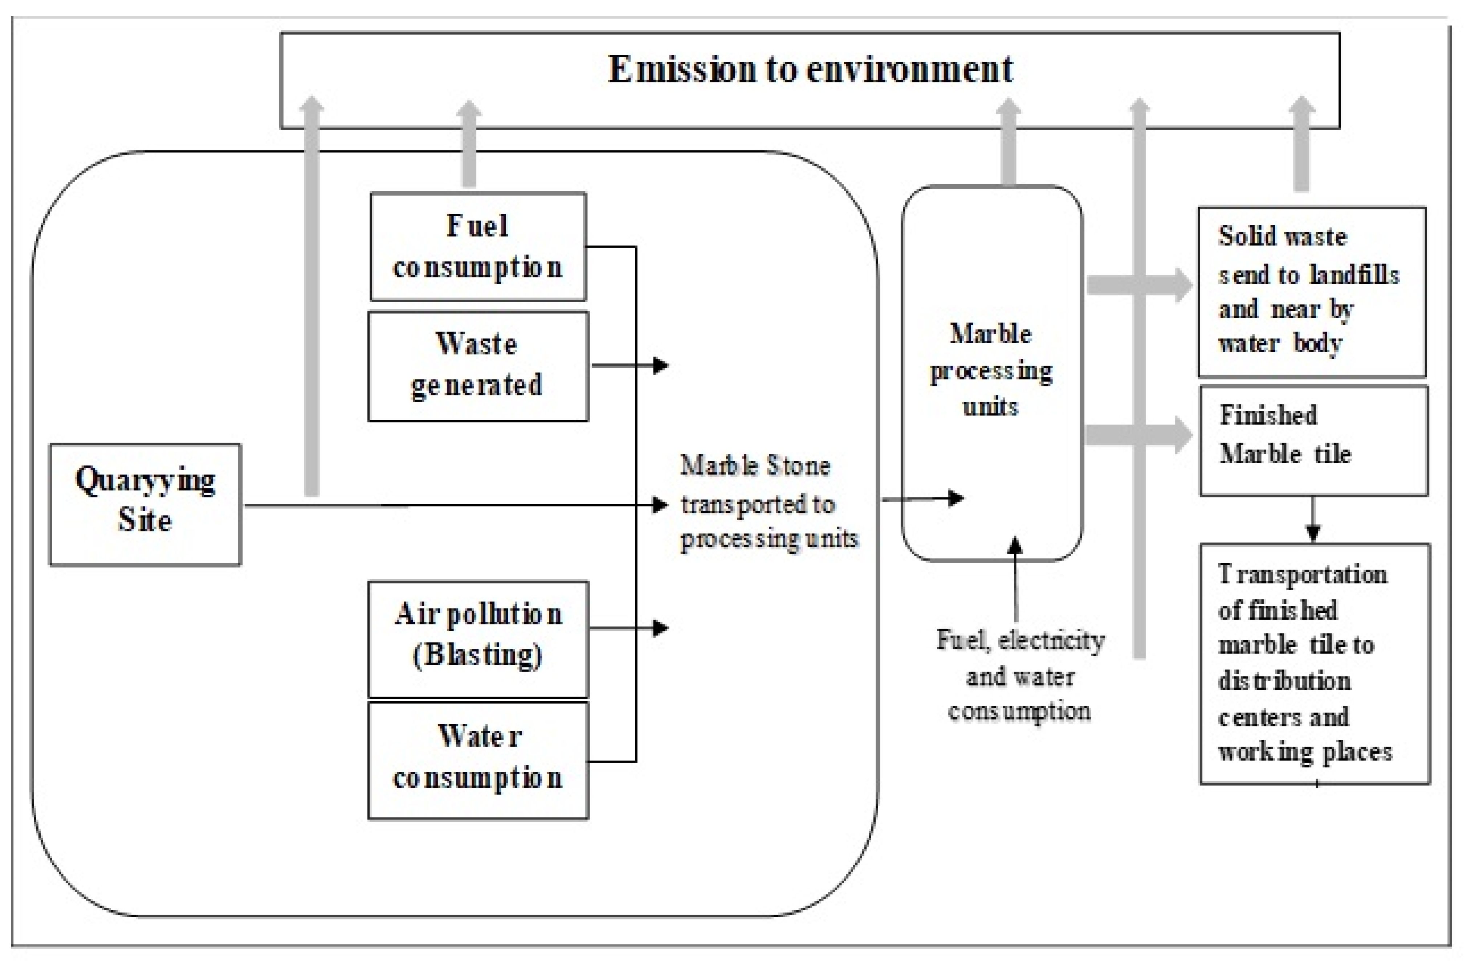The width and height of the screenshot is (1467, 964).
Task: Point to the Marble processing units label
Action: (991, 370)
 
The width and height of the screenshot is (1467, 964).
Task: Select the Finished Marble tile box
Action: (1313, 440)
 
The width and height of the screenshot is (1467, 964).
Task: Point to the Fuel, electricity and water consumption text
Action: (1020, 675)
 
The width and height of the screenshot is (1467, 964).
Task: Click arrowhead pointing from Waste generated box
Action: (661, 365)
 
